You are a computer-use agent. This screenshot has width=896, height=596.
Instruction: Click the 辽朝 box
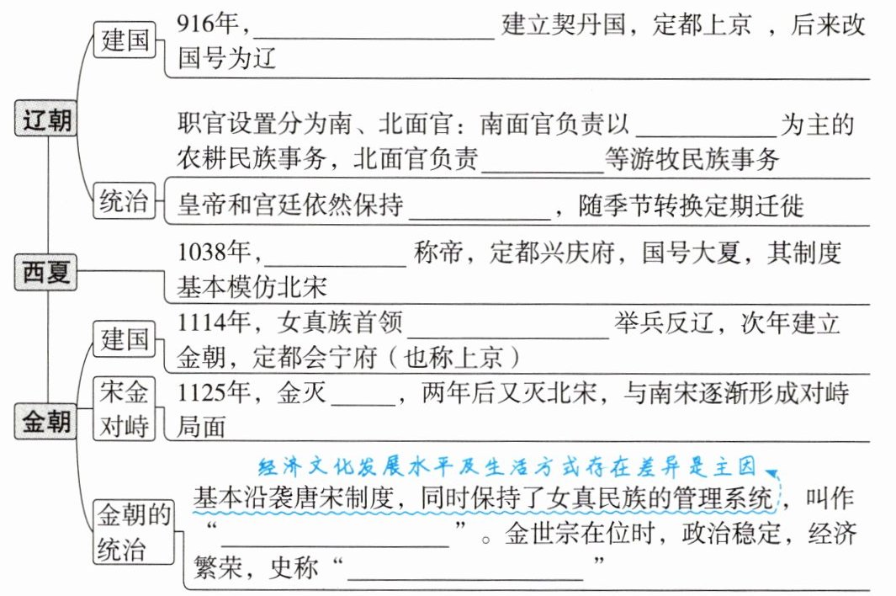coord(47,121)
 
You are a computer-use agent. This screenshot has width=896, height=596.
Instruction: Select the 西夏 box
coord(47,273)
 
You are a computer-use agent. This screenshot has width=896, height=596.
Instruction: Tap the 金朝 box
coord(47,418)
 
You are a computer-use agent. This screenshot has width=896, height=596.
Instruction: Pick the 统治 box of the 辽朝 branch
coord(125,202)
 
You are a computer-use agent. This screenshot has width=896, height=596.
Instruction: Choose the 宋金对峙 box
coord(125,408)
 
